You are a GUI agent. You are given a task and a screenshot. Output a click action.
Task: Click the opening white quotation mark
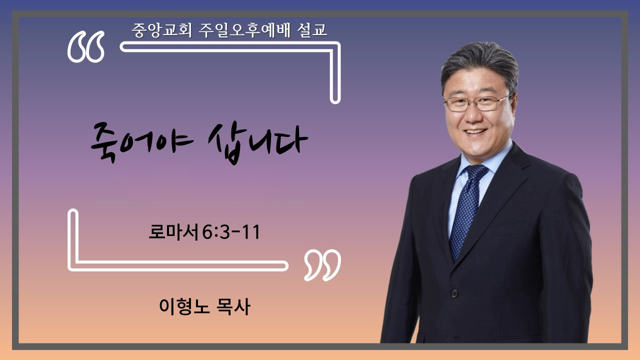click(x=85, y=46)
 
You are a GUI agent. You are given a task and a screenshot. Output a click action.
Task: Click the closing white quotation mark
click(x=322, y=265)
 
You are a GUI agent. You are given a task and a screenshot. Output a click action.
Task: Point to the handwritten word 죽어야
click(x=142, y=142)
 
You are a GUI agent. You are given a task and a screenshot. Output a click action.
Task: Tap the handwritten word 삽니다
click(x=257, y=144)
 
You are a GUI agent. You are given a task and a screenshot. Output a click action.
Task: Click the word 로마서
click(x=173, y=231)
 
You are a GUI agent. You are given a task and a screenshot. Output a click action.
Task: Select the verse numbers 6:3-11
click(x=231, y=231)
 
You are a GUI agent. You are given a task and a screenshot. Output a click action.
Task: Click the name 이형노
click(x=184, y=306)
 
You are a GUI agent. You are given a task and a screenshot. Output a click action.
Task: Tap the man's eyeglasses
click(x=479, y=103)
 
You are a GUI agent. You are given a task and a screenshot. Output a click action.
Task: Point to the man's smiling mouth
click(x=475, y=131)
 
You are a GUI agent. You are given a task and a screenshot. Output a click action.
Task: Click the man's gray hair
click(x=479, y=64)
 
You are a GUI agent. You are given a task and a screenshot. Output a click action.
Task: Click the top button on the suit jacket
click(x=454, y=293)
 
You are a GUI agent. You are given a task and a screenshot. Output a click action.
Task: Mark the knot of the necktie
click(x=476, y=172)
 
